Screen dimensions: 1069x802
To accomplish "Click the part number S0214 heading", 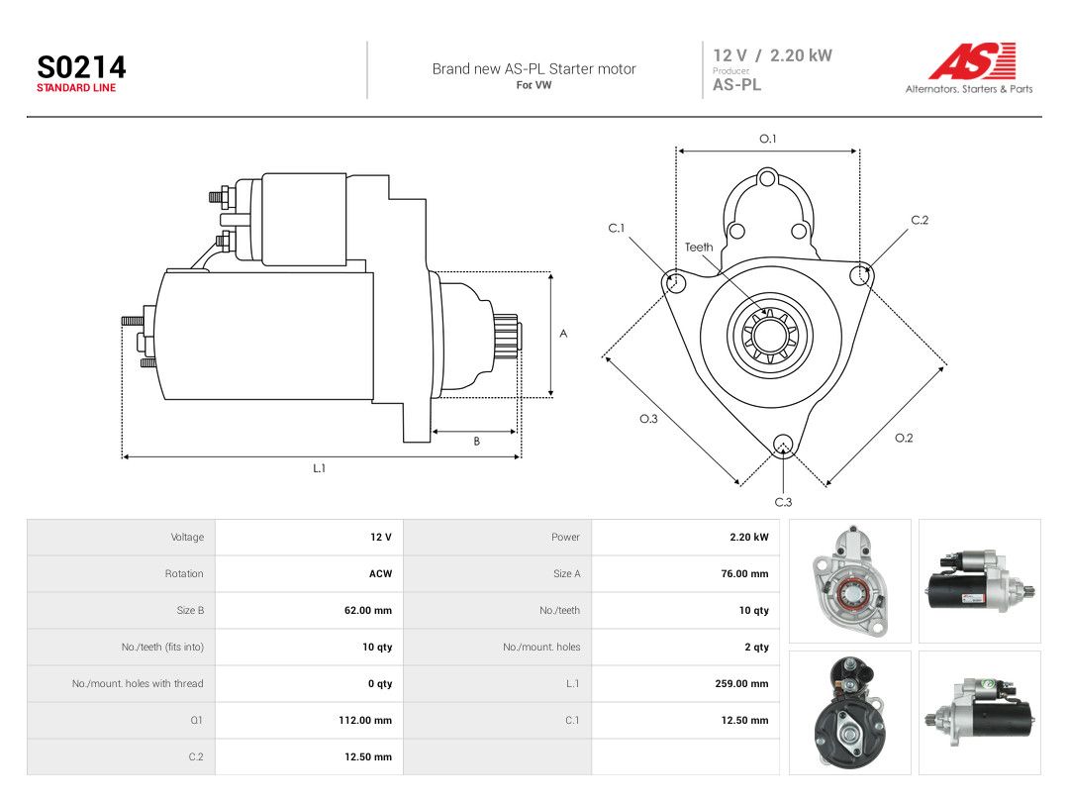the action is click(81, 67).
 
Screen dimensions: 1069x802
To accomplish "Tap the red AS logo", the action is click(972, 60).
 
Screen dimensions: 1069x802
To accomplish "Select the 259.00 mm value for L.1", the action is click(741, 683).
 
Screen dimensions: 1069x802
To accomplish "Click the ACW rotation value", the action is click(380, 573).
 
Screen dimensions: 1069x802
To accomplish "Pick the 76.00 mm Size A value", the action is click(744, 573).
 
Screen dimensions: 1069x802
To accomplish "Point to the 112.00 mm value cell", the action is click(364, 720).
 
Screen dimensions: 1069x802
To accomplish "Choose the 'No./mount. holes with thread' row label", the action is click(138, 683).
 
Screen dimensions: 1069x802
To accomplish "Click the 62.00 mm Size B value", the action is click(367, 610).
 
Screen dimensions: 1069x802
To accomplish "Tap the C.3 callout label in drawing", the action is click(783, 502).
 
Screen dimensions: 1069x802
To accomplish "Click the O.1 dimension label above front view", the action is click(768, 139).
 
